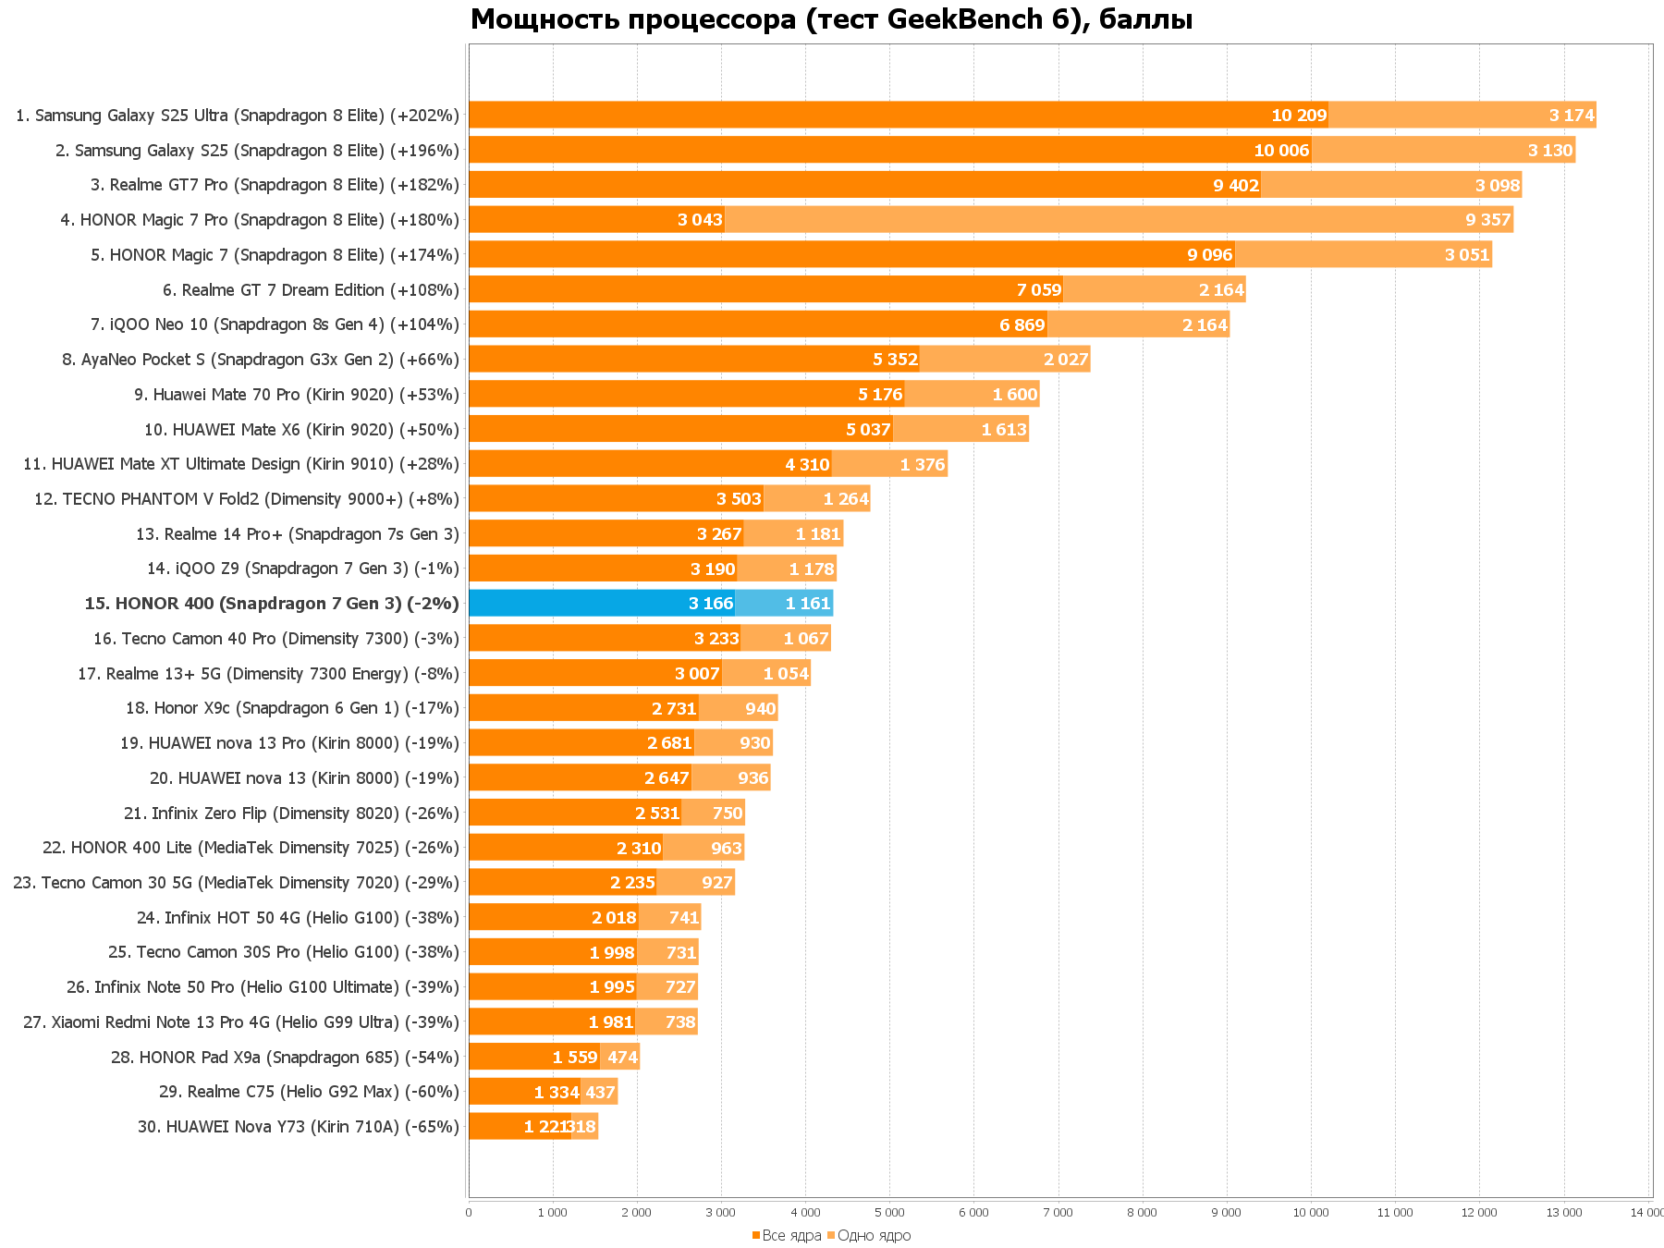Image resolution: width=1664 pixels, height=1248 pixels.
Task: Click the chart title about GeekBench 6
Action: pos(831,19)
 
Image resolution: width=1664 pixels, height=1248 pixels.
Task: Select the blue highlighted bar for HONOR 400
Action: pos(601,604)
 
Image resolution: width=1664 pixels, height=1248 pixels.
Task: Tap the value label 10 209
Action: pos(1299,116)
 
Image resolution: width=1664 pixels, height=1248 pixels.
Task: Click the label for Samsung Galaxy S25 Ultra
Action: pos(238,116)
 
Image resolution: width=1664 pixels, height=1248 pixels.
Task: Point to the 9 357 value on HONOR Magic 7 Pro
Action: pos(1487,220)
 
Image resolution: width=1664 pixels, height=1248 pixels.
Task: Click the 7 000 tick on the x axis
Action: pos(1058,1213)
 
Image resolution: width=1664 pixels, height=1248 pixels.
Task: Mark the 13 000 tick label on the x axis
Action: pos(1563,1213)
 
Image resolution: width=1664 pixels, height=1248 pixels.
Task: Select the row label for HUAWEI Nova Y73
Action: pos(298,1127)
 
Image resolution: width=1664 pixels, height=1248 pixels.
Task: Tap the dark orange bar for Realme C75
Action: pos(524,1092)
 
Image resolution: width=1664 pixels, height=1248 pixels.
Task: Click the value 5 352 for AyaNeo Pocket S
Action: pos(895,360)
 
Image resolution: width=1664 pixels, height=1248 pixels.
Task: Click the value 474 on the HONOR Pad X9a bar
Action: pos(622,1058)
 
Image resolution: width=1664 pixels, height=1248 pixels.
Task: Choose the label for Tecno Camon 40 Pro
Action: pos(275,639)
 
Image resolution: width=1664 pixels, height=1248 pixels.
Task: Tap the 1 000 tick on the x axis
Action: pos(553,1213)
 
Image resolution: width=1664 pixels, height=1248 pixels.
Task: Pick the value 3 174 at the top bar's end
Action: pos(1572,116)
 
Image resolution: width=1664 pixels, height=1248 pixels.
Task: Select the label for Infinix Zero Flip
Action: pos(291,814)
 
